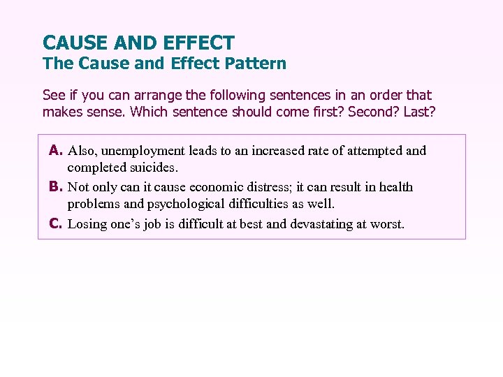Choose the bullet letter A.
[x=57, y=150]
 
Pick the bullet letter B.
[x=57, y=187]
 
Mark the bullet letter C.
[x=57, y=224]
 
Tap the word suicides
[x=153, y=168]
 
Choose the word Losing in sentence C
[x=87, y=224]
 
